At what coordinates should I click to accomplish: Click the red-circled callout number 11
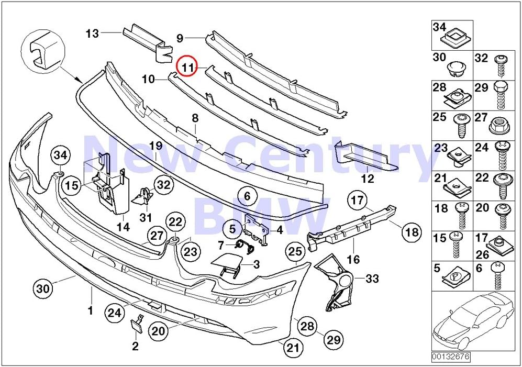click(x=187, y=66)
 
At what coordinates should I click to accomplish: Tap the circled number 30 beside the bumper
click(x=43, y=288)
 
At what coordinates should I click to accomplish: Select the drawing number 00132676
click(x=451, y=357)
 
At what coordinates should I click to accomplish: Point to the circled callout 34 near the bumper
click(x=60, y=154)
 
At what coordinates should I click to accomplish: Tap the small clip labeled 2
click(x=138, y=325)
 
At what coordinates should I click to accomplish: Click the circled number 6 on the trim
click(x=248, y=197)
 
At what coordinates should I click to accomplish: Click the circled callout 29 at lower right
click(x=333, y=340)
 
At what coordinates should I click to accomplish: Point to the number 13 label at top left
click(x=92, y=35)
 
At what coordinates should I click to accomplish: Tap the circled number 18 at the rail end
click(x=412, y=231)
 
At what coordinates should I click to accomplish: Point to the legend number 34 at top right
click(x=439, y=26)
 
